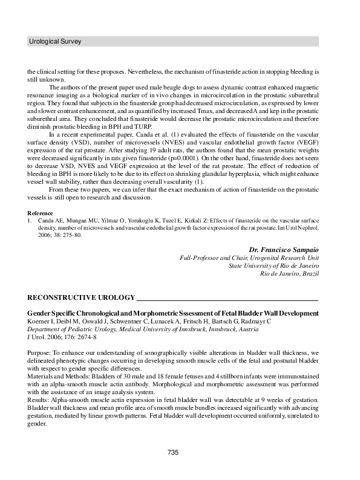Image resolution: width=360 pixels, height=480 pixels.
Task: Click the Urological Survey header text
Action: tap(55, 42)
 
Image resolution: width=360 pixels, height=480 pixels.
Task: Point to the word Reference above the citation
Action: tap(41, 213)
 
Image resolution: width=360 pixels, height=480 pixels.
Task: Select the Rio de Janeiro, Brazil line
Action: tap(289, 273)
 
